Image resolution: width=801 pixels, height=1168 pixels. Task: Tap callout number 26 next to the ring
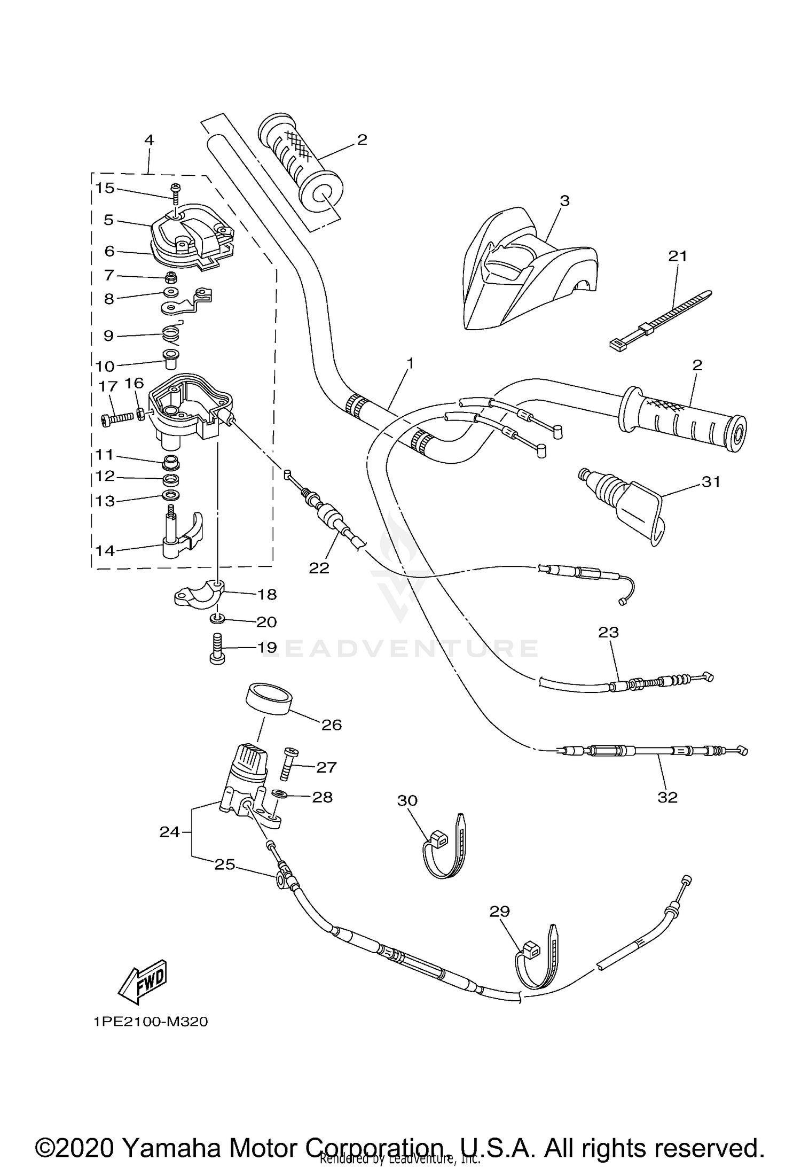click(x=331, y=725)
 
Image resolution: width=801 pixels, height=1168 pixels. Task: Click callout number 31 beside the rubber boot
click(x=711, y=481)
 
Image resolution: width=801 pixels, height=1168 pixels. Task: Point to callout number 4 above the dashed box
click(x=149, y=140)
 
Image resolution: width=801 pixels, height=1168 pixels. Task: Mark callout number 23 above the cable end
click(x=608, y=632)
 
